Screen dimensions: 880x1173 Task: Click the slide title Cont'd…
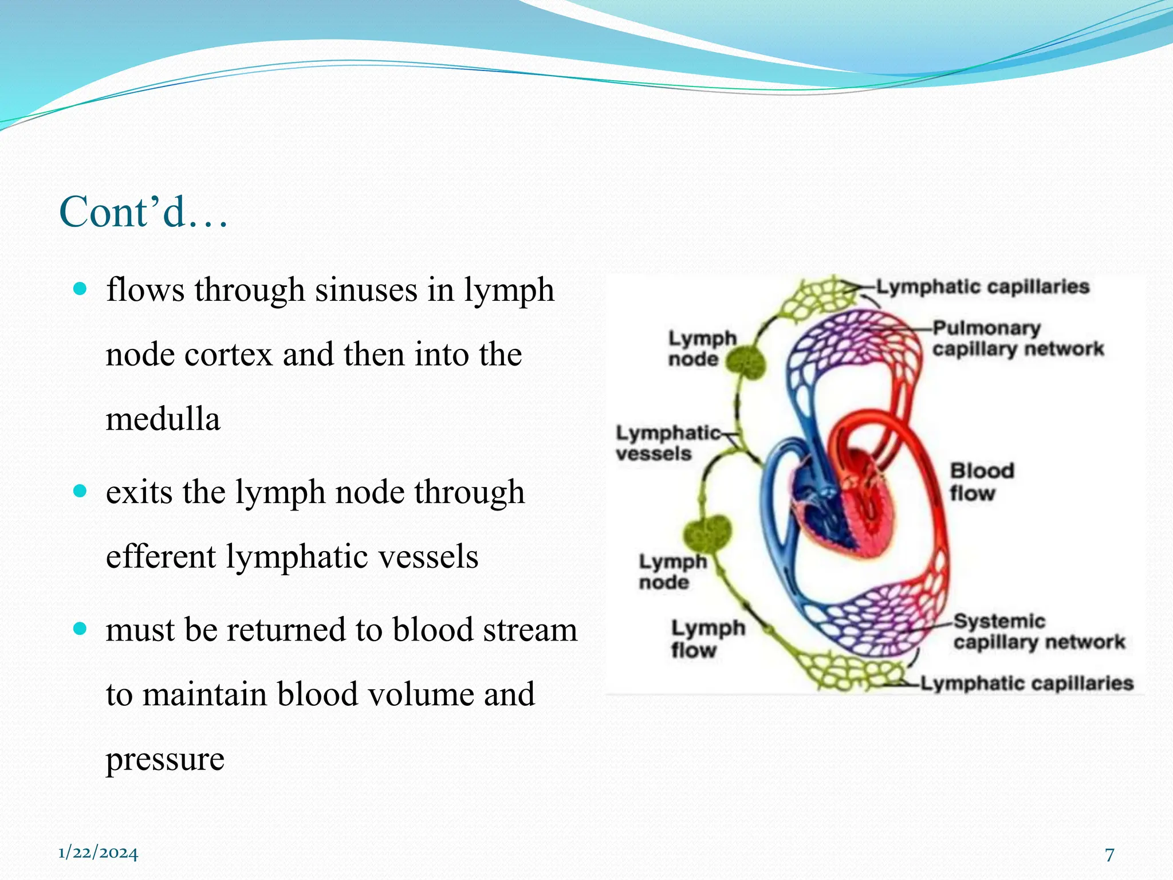point(143,212)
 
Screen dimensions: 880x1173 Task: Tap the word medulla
point(163,419)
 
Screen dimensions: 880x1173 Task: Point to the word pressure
point(165,759)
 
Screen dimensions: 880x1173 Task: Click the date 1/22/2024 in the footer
point(98,853)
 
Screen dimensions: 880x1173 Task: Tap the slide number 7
point(1109,854)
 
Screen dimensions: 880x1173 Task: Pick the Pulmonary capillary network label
point(1017,339)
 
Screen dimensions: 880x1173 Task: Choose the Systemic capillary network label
point(1038,631)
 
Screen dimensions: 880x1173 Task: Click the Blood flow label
point(981,481)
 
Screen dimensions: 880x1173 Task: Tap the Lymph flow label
point(707,639)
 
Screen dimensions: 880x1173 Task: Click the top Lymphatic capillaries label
point(982,286)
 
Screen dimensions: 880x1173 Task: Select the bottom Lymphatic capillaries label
point(1026,683)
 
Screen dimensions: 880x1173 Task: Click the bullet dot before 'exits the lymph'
point(80,491)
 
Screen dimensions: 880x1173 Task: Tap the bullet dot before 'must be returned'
point(80,629)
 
